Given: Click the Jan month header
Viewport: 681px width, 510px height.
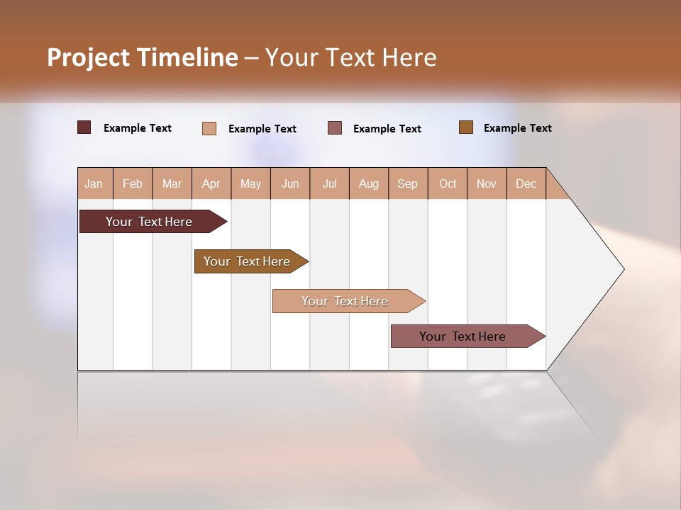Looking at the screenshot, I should click(x=94, y=183).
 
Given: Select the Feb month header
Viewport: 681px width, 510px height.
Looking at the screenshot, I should click(x=133, y=183).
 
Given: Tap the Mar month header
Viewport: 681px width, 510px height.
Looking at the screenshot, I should click(x=172, y=183).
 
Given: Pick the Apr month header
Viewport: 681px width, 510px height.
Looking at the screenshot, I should click(x=211, y=183).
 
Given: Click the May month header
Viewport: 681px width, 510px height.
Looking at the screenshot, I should click(x=250, y=183).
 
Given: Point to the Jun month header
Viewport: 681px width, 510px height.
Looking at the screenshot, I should click(x=290, y=183).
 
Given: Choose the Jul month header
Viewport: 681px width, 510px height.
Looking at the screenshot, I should click(x=329, y=183).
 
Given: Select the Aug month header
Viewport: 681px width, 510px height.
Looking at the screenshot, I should click(x=369, y=183).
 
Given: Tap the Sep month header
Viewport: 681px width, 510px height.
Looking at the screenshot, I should click(x=408, y=183).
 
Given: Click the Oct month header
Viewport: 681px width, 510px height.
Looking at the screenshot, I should click(x=448, y=183).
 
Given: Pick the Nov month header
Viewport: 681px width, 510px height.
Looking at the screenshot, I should click(x=487, y=183).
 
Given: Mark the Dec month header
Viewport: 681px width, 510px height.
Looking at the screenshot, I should click(x=526, y=183).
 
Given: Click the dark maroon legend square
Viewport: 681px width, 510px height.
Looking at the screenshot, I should click(x=84, y=127).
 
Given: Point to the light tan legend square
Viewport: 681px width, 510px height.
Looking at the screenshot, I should click(x=209, y=128).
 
